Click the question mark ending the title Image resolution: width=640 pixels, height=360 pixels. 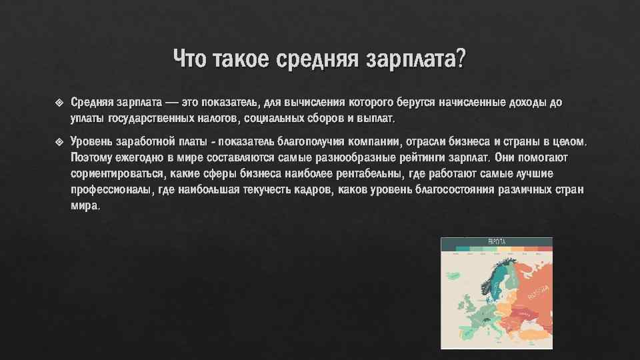click(x=460, y=59)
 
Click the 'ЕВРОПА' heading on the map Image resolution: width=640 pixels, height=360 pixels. click(x=497, y=241)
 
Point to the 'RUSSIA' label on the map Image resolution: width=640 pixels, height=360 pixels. click(x=538, y=291)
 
